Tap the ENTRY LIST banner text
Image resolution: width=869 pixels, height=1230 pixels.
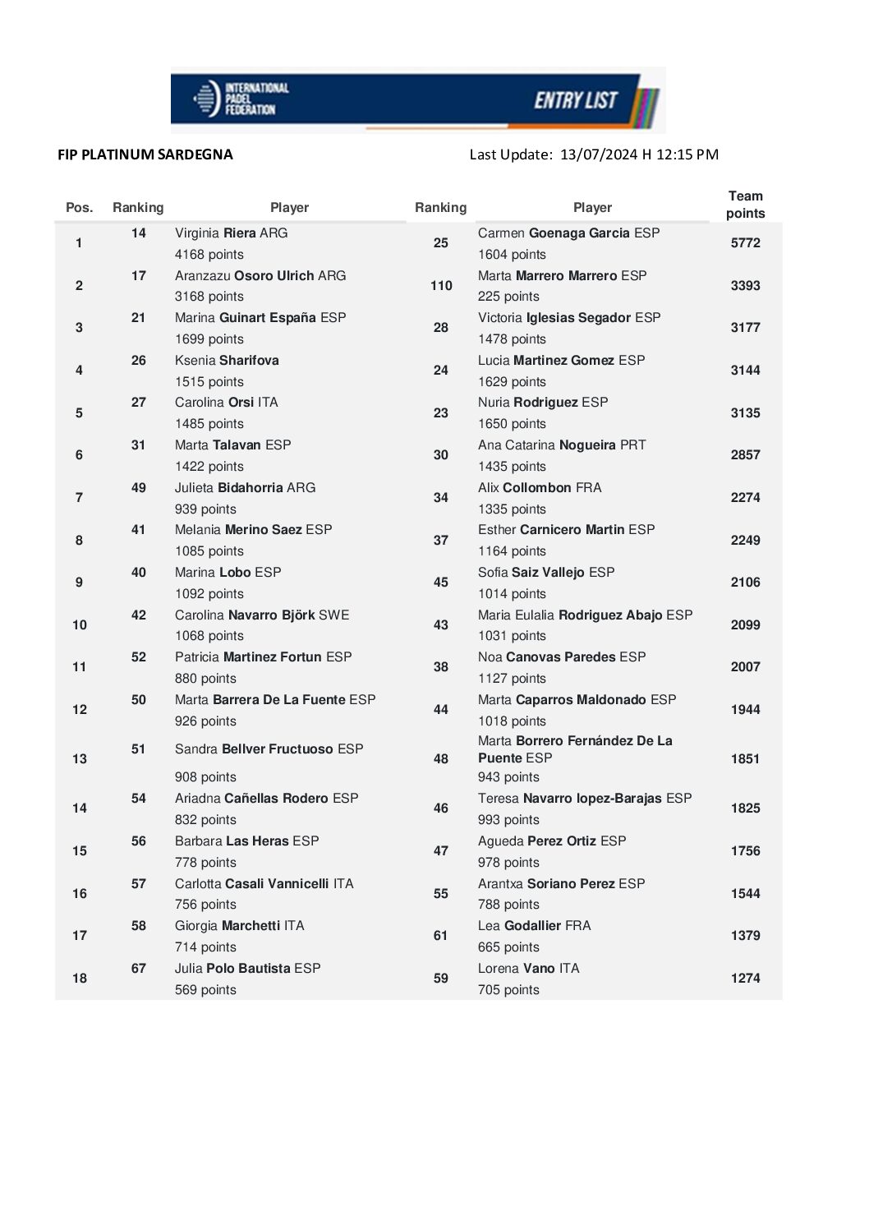click(576, 100)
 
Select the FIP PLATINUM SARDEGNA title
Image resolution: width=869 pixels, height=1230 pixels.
click(145, 154)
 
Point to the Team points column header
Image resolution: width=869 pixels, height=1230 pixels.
click(745, 205)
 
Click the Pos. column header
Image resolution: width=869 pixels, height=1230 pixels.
click(80, 208)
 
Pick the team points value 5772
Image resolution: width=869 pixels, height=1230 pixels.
click(745, 243)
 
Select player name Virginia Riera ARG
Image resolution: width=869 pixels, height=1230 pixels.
click(231, 233)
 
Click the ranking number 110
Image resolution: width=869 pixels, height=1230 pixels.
click(441, 286)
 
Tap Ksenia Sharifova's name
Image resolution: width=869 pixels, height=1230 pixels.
click(227, 361)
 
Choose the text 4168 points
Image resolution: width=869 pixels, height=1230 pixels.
click(209, 255)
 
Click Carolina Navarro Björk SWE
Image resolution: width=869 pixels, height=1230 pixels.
click(262, 615)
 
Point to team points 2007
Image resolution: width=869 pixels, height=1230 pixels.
click(745, 667)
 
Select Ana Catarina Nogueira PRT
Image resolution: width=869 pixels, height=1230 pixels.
click(562, 445)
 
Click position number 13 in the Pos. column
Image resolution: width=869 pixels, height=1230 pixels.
click(80, 759)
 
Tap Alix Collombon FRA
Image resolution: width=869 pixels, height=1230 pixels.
click(540, 488)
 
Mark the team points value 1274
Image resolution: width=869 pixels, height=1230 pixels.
click(745, 979)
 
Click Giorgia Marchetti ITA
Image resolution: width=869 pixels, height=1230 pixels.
click(239, 926)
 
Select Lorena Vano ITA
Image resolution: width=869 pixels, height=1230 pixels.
click(528, 969)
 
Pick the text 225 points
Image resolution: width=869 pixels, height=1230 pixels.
click(508, 297)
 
